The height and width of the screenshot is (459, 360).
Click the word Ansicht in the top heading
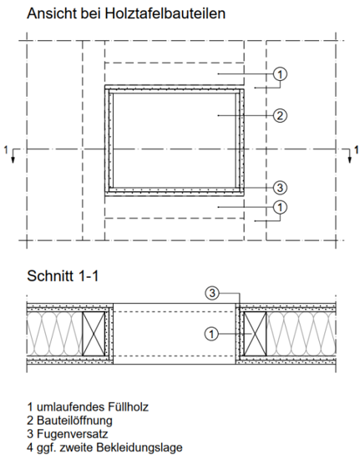[51, 14]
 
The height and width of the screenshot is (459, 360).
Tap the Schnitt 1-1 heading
[63, 275]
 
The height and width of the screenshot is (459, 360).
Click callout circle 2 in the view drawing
[281, 114]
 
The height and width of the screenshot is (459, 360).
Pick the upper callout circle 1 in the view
[281, 74]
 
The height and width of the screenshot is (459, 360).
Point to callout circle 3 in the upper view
[281, 186]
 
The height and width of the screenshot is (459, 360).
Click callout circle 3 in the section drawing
[214, 293]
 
